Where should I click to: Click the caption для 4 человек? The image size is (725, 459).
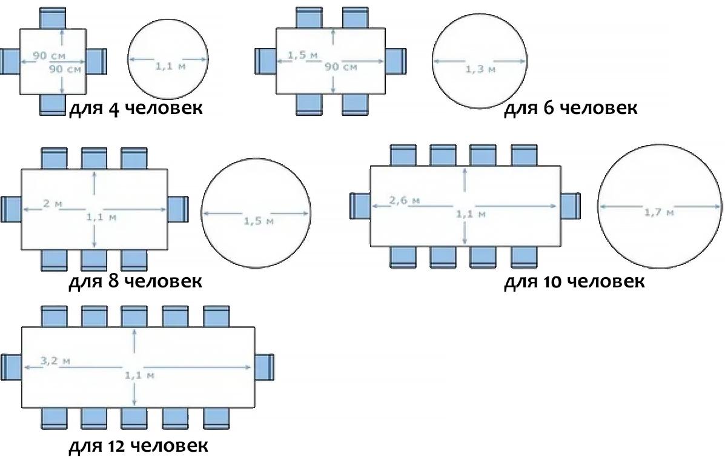point(136,109)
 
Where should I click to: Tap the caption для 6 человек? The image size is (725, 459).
point(571,109)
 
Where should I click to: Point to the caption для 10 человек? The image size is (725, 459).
point(574,281)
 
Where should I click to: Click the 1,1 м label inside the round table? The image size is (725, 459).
point(170,67)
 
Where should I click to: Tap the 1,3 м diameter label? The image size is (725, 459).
point(480,69)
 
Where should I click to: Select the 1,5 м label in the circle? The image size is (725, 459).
point(259,221)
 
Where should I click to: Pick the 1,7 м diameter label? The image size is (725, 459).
point(659,212)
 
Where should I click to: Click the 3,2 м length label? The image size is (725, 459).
point(55,360)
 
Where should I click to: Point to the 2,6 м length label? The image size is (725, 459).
point(405,200)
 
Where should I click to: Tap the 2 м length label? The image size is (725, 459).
point(53,204)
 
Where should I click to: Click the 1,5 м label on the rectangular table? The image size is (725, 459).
point(303,55)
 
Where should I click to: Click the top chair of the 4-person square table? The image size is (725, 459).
point(53,18)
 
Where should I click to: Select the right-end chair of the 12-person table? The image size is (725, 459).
point(265,367)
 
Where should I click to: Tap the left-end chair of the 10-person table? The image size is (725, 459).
point(360,206)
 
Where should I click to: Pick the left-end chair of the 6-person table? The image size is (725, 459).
point(265,61)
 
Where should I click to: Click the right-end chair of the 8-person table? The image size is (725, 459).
point(178,209)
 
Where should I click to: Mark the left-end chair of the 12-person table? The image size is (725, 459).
point(12,367)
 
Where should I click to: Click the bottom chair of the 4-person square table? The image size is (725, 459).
point(53,104)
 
